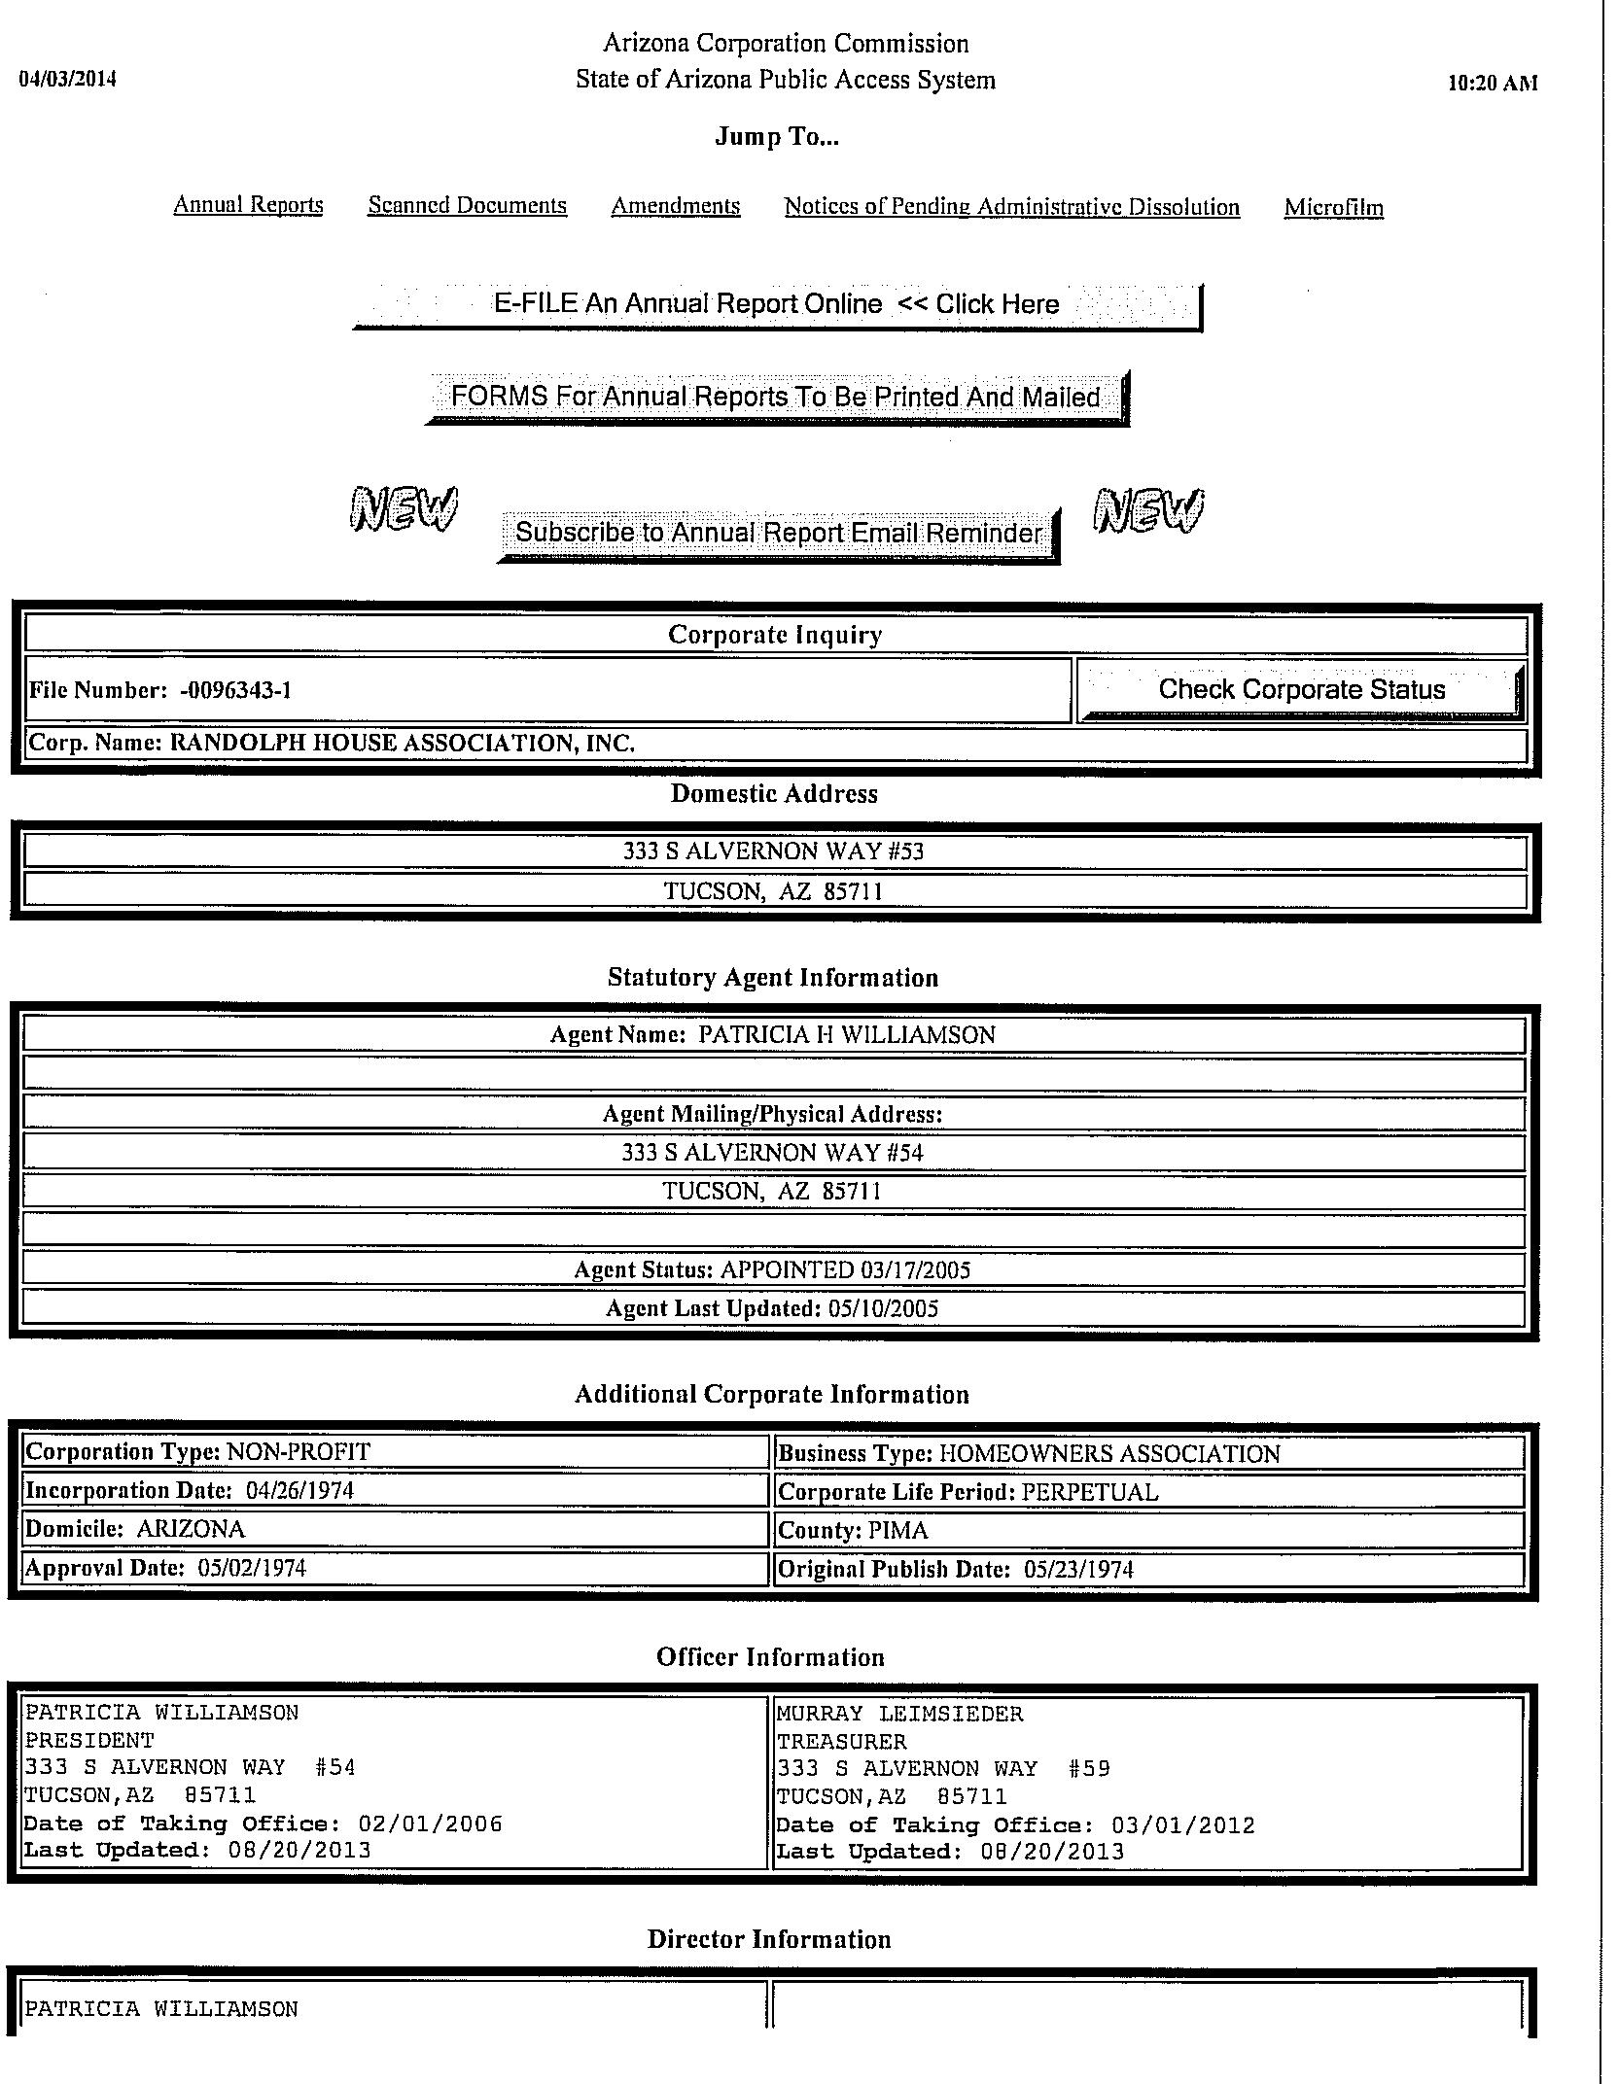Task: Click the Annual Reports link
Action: tap(248, 205)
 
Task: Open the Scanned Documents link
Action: tap(467, 205)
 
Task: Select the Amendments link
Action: tap(675, 206)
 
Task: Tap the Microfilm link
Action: tap(1333, 207)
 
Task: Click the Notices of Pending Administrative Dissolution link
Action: tap(1011, 207)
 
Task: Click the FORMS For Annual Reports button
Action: tap(775, 397)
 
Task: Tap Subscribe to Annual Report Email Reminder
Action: tap(778, 533)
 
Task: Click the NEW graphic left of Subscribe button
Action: tap(403, 509)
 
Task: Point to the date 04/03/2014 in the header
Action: tap(68, 80)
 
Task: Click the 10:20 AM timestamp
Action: tap(1493, 84)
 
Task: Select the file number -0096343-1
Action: tap(235, 691)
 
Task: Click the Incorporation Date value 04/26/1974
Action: tap(299, 1491)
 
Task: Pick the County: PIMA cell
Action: tap(1147, 1531)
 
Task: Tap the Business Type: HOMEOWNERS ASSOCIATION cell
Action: tap(1147, 1454)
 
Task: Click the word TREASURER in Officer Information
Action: tap(841, 1742)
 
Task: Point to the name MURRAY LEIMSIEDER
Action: tap(899, 1714)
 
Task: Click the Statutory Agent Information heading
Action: tap(773, 978)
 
